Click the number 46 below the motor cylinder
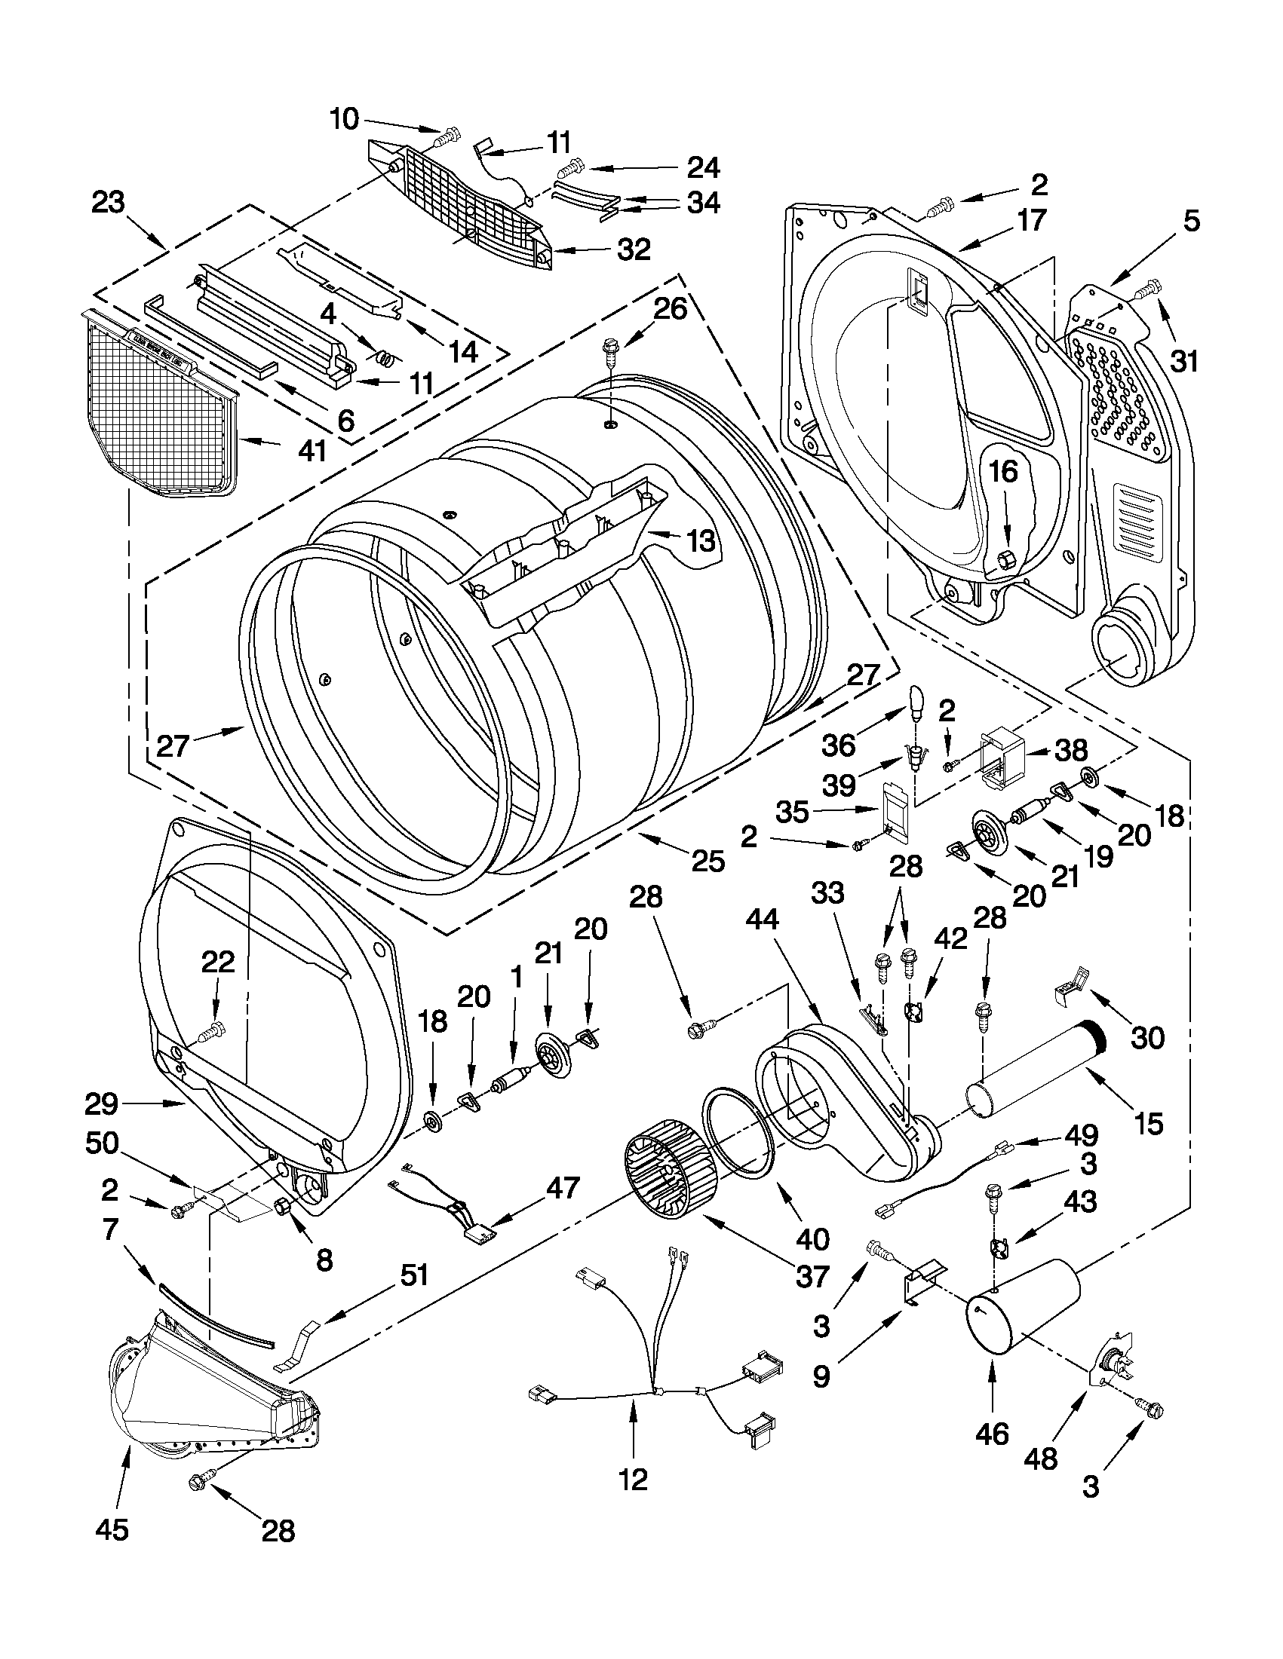991,1433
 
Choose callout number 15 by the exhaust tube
1148,1123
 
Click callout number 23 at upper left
108,204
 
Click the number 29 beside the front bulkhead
100,1103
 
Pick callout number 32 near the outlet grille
633,249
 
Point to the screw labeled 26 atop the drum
609,349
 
